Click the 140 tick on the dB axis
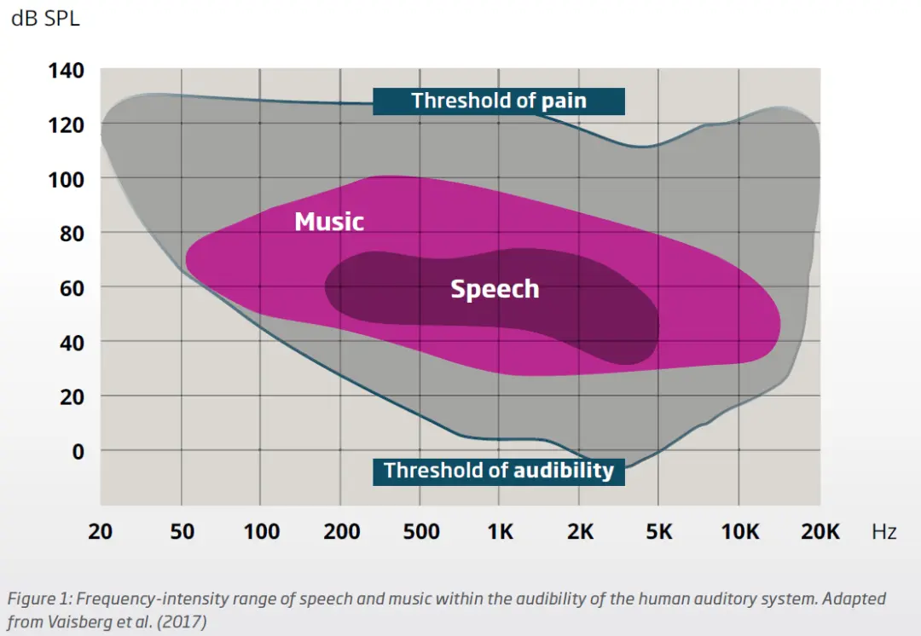click(x=66, y=71)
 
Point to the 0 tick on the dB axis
click(x=78, y=451)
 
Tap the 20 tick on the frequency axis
click(x=101, y=532)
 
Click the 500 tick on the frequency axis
click(x=421, y=532)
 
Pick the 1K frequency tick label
click(x=501, y=532)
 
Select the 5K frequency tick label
click(x=659, y=532)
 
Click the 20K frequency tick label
click(x=820, y=532)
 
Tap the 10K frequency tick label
click(x=739, y=532)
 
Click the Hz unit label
click(x=883, y=532)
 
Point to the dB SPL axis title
click(x=45, y=18)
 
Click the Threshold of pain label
click(x=499, y=101)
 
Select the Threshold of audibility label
click(x=499, y=471)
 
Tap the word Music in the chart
click(x=329, y=223)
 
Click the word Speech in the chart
click(x=495, y=289)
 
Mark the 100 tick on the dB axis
click(x=66, y=179)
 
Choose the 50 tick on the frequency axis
click(x=181, y=532)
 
